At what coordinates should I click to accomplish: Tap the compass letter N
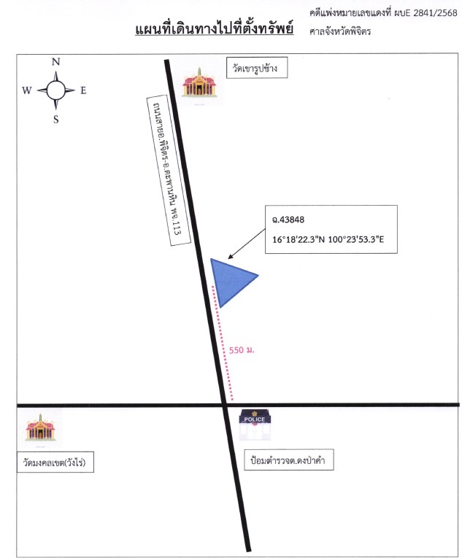tap(55, 62)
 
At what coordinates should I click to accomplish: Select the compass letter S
tap(56, 120)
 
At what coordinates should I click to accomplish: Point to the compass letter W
tap(27, 90)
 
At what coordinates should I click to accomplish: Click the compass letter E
tap(83, 90)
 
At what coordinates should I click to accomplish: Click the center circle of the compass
tap(56, 90)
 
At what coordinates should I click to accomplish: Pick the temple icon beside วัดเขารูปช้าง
tap(199, 83)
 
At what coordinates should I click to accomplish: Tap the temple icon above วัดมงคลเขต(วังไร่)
tap(40, 427)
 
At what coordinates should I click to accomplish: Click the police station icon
tap(255, 425)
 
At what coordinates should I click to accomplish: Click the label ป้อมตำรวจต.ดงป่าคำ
tap(288, 460)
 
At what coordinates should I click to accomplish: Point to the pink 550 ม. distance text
tap(242, 350)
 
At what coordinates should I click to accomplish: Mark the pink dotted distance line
tap(223, 343)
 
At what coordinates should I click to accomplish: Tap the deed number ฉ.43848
tap(288, 220)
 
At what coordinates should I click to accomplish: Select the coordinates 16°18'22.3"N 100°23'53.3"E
tap(328, 239)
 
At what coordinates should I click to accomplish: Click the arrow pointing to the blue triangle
tap(247, 244)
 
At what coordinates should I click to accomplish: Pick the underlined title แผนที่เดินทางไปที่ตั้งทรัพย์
tap(214, 29)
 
